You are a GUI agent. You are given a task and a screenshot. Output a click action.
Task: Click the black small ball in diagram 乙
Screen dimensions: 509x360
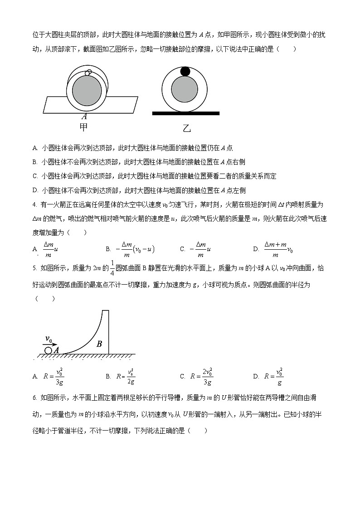(185, 71)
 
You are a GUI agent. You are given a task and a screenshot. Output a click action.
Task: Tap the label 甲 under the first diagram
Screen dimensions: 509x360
(84, 127)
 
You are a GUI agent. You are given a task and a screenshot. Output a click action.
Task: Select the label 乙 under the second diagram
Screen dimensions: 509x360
(186, 129)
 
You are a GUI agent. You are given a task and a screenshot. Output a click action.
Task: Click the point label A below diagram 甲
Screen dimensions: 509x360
(84, 116)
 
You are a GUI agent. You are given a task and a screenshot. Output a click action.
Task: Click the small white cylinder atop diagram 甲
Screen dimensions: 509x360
(89, 72)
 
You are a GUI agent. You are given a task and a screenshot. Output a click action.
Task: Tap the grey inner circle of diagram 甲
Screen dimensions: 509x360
(87, 89)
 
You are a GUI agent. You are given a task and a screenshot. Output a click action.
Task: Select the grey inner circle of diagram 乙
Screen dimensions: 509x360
(185, 89)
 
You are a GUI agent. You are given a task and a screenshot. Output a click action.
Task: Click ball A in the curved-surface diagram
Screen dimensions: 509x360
(48, 350)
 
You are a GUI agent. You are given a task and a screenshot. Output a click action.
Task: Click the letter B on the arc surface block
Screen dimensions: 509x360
(99, 344)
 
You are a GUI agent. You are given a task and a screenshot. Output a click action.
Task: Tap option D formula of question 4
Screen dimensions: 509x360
(278, 249)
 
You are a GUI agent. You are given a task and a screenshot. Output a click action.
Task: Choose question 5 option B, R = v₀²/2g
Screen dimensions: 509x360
(126, 376)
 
